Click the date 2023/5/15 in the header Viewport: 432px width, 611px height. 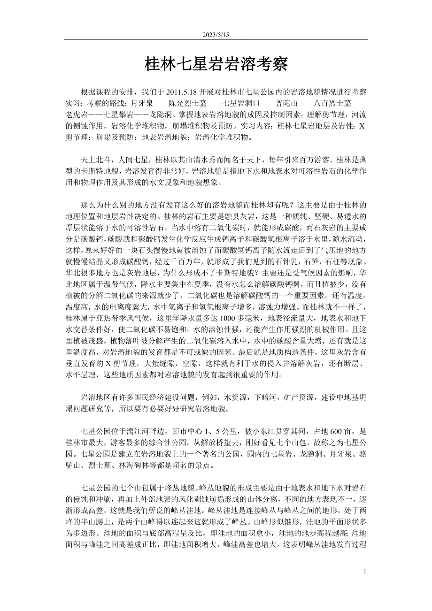tap(216, 35)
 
